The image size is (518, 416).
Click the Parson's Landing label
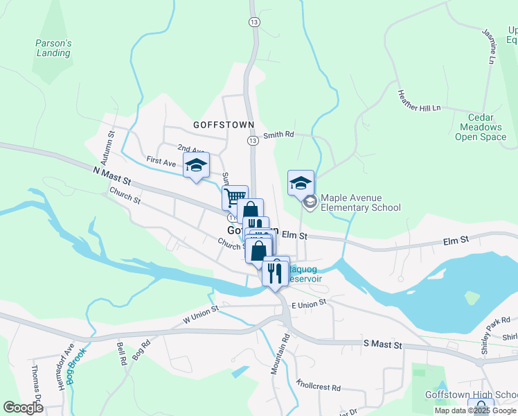pyautogui.click(x=53, y=48)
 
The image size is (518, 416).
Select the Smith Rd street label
pyautogui.click(x=279, y=135)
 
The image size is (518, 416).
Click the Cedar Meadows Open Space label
pyautogui.click(x=481, y=127)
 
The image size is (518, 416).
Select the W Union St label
pyautogui.click(x=200, y=314)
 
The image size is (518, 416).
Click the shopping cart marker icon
pyautogui.click(x=235, y=197)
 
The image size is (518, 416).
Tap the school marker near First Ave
pyautogui.click(x=197, y=165)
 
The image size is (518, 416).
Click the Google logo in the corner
pyautogui.click(x=24, y=408)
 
